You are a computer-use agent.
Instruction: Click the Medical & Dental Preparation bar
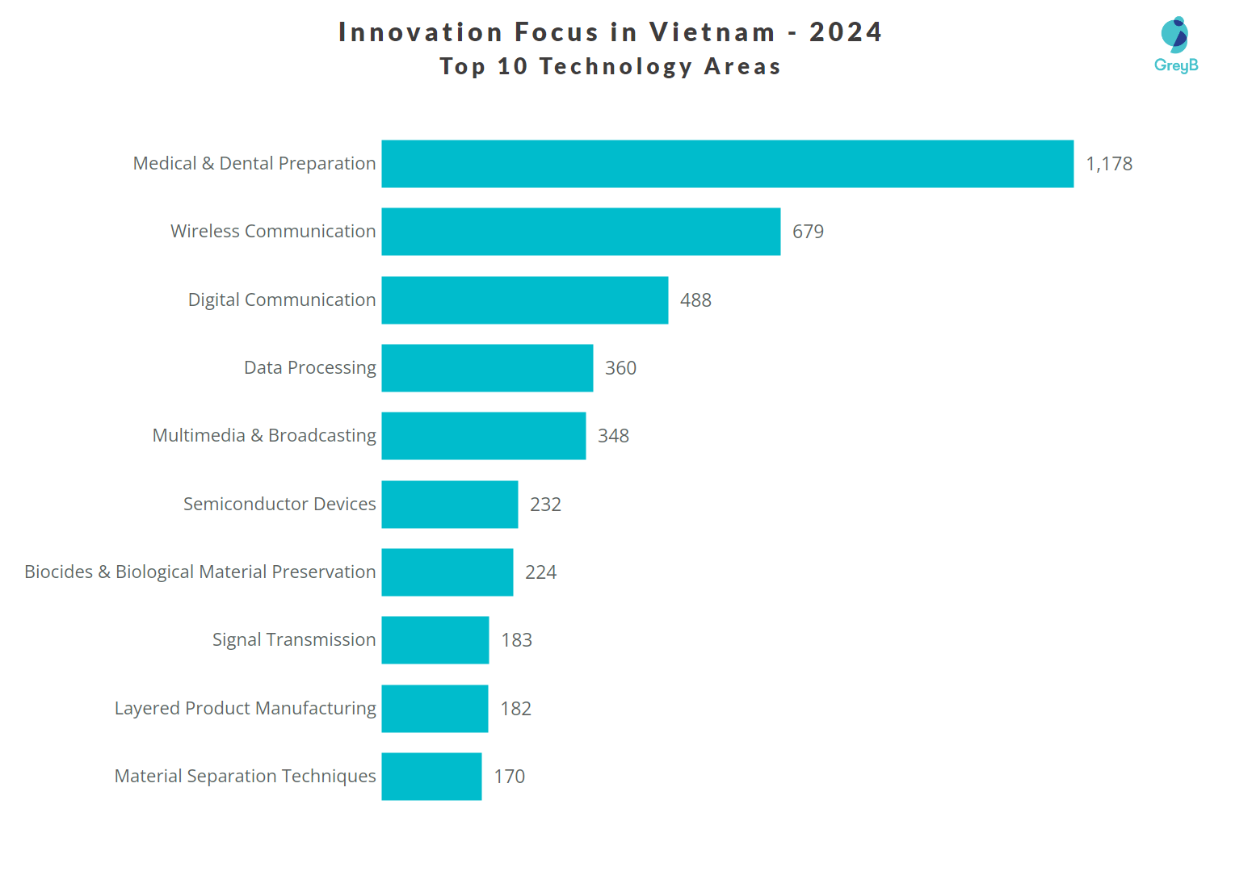727,164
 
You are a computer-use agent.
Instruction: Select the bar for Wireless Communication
581,232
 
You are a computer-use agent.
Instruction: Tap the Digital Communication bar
524,300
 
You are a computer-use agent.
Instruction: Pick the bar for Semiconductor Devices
449,505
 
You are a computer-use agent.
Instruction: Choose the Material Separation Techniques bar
431,777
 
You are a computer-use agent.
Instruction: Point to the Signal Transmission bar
435,640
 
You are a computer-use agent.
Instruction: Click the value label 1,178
1108,164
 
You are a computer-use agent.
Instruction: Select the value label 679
808,232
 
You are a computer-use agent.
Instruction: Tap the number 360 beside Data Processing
620,368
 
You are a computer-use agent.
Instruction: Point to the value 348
613,436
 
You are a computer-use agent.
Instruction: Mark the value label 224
540,572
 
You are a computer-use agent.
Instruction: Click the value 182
515,709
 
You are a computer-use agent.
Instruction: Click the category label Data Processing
309,368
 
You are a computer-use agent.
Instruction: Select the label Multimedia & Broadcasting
264,436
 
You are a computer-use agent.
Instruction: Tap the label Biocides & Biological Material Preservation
200,572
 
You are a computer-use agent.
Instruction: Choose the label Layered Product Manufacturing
245,709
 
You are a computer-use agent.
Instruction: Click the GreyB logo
1175,45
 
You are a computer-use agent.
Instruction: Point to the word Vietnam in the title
712,32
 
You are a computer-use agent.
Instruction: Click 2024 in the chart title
845,32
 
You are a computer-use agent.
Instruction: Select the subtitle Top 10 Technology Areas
610,66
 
